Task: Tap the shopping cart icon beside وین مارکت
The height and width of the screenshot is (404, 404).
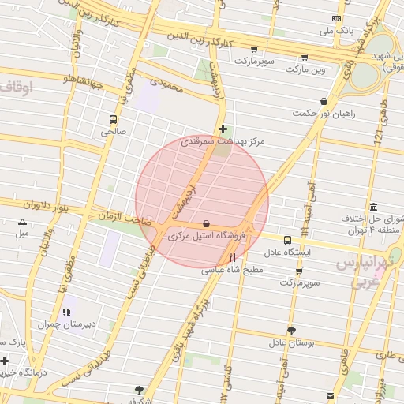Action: pyautogui.click(x=303, y=57)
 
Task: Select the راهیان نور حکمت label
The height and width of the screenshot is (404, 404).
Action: pyautogui.click(x=324, y=114)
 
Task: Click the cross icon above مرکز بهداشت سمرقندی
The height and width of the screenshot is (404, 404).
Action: pyautogui.click(x=223, y=129)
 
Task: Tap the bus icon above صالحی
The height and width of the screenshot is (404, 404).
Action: pyautogui.click(x=114, y=120)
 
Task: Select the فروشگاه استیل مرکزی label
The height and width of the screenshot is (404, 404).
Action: pyautogui.click(x=206, y=235)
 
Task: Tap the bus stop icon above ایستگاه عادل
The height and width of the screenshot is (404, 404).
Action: pyautogui.click(x=287, y=240)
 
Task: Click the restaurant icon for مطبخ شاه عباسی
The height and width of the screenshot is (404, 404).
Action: pyautogui.click(x=232, y=257)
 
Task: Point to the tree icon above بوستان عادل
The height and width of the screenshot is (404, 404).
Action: pyautogui.click(x=291, y=331)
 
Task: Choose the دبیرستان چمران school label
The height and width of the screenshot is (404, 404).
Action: pyautogui.click(x=67, y=324)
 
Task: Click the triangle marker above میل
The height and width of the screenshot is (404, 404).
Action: pyautogui.click(x=22, y=222)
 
